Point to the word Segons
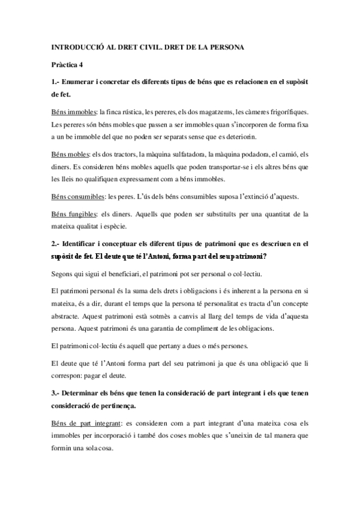point(62,273)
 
